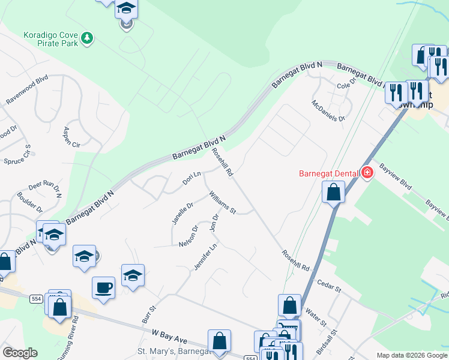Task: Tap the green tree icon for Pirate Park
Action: tap(88, 38)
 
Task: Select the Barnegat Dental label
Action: tap(329, 174)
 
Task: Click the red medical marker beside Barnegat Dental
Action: tap(367, 173)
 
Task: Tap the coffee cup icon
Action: tap(103, 287)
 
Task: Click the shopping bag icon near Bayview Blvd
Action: tap(333, 193)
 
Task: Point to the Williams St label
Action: tap(223, 203)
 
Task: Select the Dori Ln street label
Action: tap(191, 179)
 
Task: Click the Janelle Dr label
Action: tap(182, 214)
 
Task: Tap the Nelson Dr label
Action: tap(188, 236)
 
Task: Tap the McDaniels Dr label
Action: tap(328, 110)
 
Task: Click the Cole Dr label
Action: tap(346, 85)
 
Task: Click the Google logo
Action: tap(20, 353)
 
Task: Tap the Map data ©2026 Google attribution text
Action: tap(411, 355)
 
